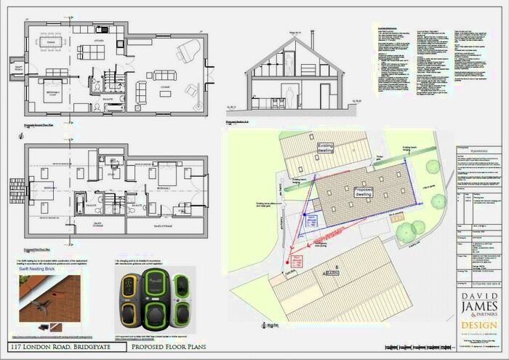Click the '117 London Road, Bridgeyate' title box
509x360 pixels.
tap(55, 345)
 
